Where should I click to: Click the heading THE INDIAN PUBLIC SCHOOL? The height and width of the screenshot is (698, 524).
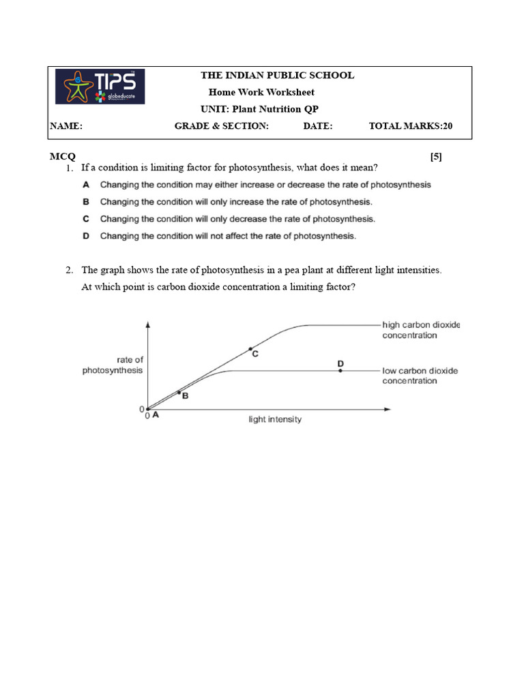coord(276,76)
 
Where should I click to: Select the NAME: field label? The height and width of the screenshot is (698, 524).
coord(66,126)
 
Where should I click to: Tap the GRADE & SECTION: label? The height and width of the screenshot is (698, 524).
coord(222,126)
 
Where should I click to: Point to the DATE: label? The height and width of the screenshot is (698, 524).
coord(318,126)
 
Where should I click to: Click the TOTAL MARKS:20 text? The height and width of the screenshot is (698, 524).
coord(411,126)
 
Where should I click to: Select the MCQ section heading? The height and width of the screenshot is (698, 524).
coord(63,156)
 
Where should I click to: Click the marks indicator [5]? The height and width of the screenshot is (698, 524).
coord(436,156)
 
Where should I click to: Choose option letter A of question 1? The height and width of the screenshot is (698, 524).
coord(86,185)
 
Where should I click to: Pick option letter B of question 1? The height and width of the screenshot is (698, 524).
coord(86,202)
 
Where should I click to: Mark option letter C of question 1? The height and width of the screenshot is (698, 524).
coord(86,219)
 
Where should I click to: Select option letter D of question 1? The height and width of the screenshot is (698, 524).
coord(86,236)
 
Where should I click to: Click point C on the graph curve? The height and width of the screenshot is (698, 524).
coord(250,349)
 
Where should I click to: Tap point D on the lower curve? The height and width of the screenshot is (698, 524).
coord(340,370)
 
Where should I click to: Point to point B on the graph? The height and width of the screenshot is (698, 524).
coord(179,392)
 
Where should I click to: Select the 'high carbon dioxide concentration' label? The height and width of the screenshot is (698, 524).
coord(420,330)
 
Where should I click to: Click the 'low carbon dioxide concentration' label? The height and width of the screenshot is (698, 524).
coord(420,376)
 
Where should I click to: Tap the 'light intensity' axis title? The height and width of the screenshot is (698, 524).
coord(274,419)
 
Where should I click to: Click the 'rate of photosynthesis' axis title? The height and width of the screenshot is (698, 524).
coord(113,365)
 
